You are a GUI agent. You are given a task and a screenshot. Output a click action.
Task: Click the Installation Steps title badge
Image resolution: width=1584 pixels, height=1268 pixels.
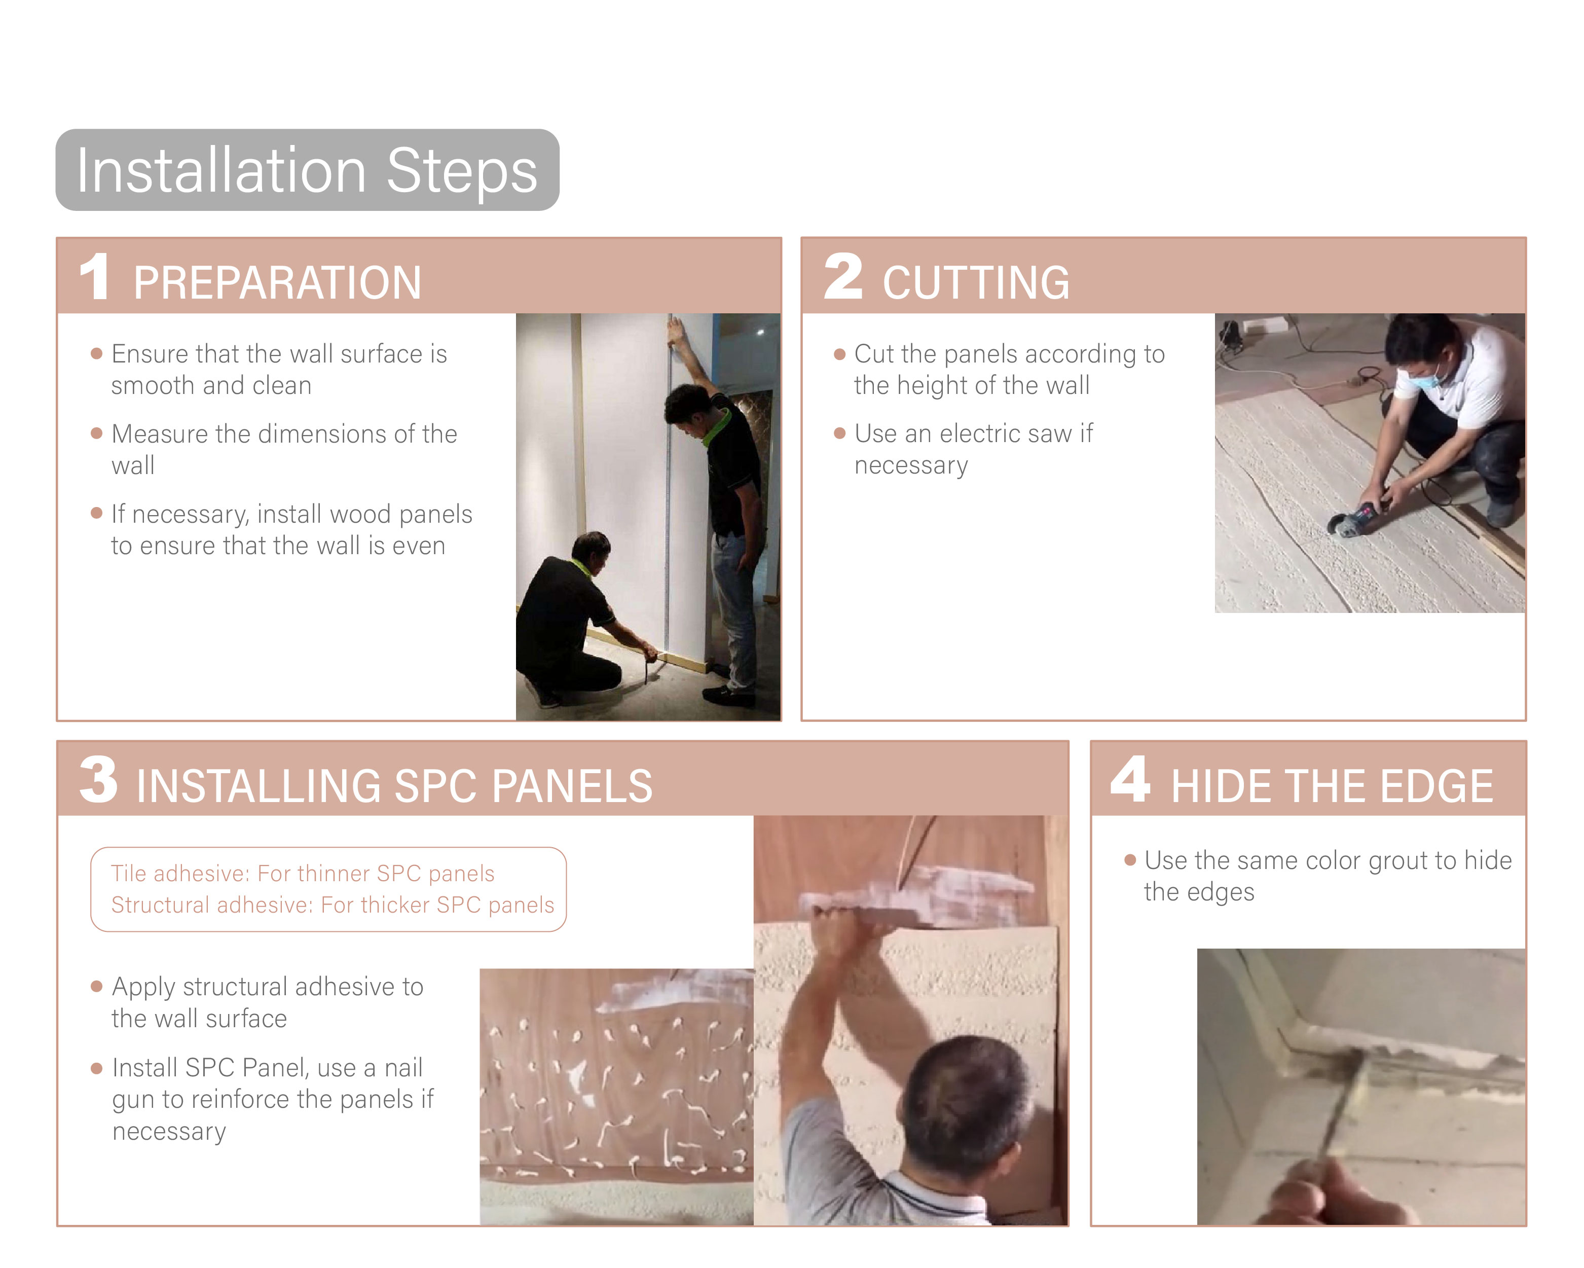click(307, 170)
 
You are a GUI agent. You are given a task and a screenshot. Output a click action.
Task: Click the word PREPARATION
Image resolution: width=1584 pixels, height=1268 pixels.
click(277, 283)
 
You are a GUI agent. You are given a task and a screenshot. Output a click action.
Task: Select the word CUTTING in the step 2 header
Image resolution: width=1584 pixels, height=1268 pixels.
click(976, 283)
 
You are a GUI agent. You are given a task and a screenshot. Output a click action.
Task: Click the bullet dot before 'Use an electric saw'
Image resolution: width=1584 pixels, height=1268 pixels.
click(840, 433)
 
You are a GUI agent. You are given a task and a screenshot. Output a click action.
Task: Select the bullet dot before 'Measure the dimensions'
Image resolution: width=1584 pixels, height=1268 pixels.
click(96, 433)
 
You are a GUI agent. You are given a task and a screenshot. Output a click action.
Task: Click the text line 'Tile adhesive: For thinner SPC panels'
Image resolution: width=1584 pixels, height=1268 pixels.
click(303, 873)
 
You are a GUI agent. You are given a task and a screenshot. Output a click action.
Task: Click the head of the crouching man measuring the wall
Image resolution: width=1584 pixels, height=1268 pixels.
click(592, 553)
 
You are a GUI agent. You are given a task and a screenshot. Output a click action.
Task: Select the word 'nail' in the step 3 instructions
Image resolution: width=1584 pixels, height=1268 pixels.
click(403, 1067)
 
